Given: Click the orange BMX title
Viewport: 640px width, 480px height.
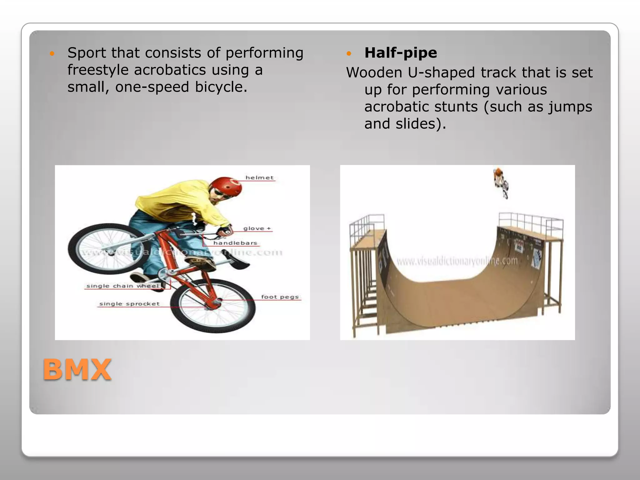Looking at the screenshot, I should (x=77, y=370).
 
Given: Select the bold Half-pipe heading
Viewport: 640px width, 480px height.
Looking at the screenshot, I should (x=400, y=53).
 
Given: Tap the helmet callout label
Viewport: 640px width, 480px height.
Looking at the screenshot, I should (x=259, y=178).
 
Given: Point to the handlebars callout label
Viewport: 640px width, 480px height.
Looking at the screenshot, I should (x=235, y=243).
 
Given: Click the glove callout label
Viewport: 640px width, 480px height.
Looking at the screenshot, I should (x=257, y=228).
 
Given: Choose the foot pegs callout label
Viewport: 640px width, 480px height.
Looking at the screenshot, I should (x=280, y=297).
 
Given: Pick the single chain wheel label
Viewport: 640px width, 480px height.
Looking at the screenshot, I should (x=122, y=286).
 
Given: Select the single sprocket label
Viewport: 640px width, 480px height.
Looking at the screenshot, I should (x=129, y=304).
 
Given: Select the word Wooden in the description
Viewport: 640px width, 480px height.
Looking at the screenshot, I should (x=374, y=73).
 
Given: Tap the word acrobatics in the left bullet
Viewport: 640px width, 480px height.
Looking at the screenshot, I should (x=170, y=70).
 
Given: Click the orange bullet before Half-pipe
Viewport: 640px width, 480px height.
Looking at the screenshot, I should (x=349, y=53).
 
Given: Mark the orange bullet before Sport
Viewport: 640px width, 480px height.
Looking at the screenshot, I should (x=52, y=53).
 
